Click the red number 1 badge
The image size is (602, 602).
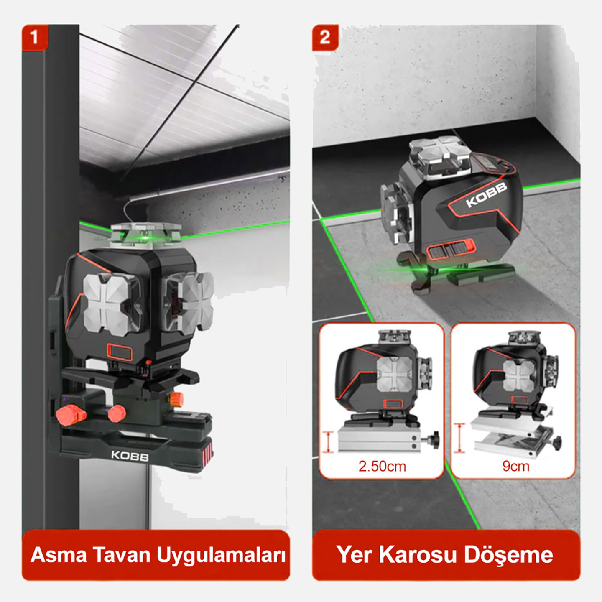coord(35,38)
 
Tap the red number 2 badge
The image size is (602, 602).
coord(325,38)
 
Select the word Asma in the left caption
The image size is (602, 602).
coord(59,555)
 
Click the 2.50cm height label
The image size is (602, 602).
coord(382,466)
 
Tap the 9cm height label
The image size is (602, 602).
coord(515,466)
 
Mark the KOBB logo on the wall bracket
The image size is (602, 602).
coord(130,456)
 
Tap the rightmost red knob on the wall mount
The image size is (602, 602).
coord(176,400)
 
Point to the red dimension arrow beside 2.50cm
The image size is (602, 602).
coord(329,442)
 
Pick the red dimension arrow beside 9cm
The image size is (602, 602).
coord(459,438)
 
